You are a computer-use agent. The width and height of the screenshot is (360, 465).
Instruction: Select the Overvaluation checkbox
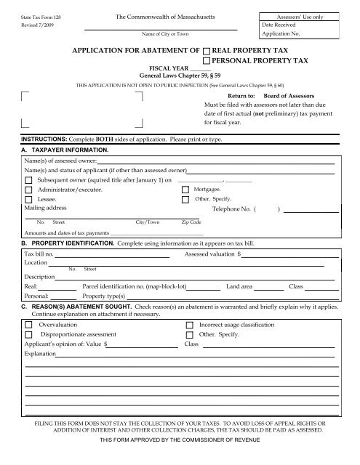[28, 325]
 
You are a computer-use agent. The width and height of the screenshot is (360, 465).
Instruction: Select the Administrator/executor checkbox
[28, 189]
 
